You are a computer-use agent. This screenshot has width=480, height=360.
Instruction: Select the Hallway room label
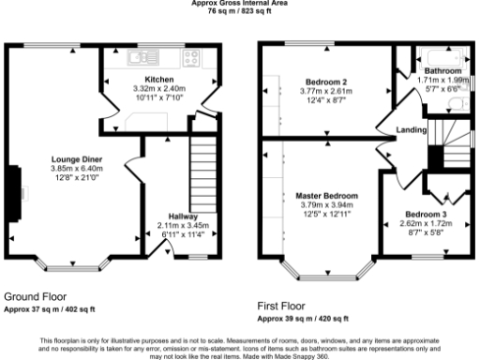coord(183,217)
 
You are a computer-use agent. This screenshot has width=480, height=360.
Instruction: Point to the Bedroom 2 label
coord(326,80)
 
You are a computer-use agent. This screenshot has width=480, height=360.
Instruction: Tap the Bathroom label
coord(442,71)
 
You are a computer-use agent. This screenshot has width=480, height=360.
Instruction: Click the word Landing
coord(412,130)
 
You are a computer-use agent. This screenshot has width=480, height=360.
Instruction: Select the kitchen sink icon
coord(149,55)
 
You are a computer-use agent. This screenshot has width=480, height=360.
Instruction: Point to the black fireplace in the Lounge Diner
coord(14,194)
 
